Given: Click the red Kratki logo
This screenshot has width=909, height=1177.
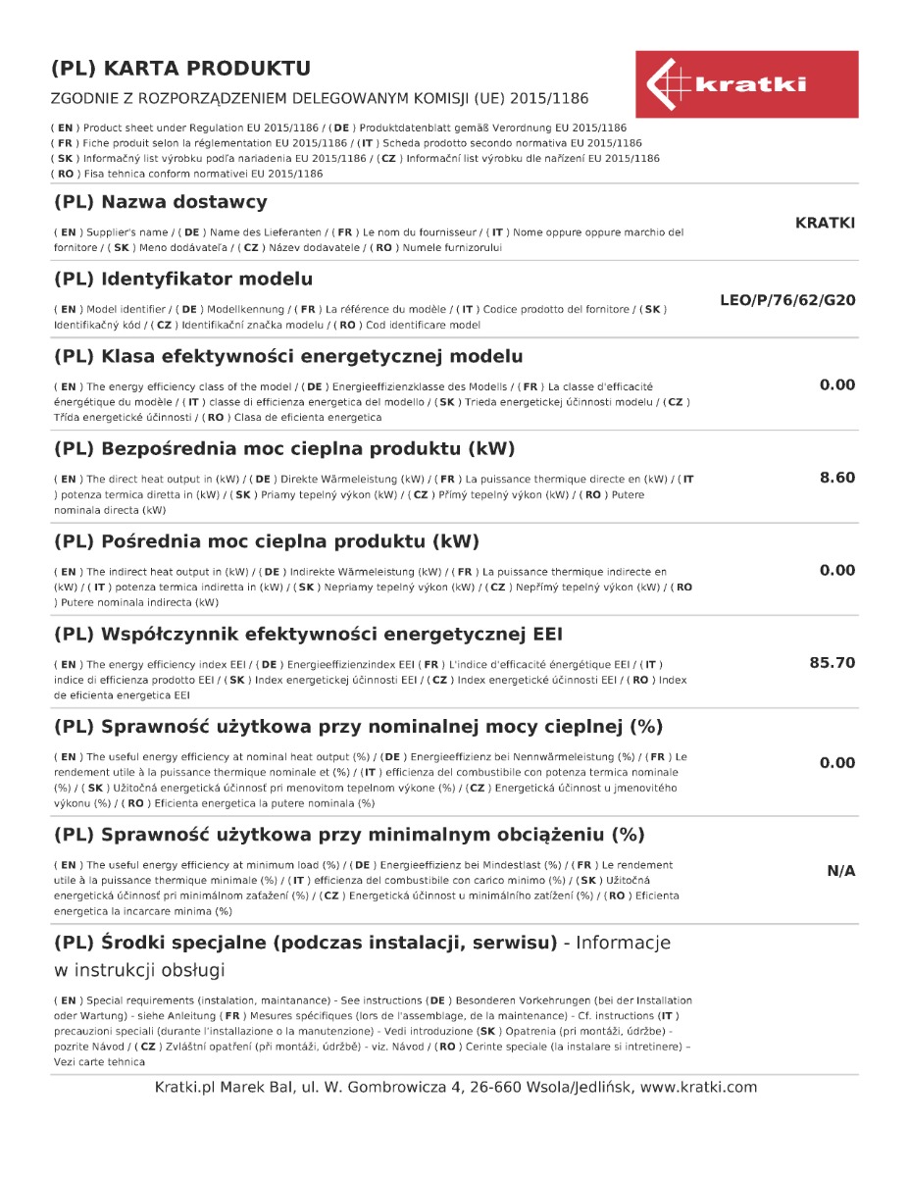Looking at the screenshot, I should (746, 84).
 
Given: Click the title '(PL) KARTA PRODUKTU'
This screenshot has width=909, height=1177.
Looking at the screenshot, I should (180, 69).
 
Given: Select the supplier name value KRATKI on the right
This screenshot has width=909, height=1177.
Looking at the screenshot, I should (825, 223).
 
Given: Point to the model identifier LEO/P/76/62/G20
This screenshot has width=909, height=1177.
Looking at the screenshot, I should (787, 300).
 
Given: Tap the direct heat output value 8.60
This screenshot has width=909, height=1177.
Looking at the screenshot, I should (837, 478).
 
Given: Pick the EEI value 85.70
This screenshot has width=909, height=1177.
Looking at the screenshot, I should (833, 663).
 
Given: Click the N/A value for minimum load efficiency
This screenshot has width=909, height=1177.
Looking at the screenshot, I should (841, 871).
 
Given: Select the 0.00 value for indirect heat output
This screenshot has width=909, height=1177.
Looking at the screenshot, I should (837, 571).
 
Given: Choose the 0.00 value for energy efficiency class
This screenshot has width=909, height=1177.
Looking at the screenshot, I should (837, 384).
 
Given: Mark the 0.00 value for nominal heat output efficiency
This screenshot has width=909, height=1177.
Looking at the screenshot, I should (837, 763).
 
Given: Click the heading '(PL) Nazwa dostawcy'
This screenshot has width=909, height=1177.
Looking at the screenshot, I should (160, 203).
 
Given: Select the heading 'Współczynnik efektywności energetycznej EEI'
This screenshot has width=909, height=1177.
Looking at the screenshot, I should (308, 635).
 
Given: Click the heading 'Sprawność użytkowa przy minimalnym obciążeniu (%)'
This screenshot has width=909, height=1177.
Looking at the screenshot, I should (349, 836).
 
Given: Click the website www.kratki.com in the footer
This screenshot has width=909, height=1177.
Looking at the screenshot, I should (699, 1087).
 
